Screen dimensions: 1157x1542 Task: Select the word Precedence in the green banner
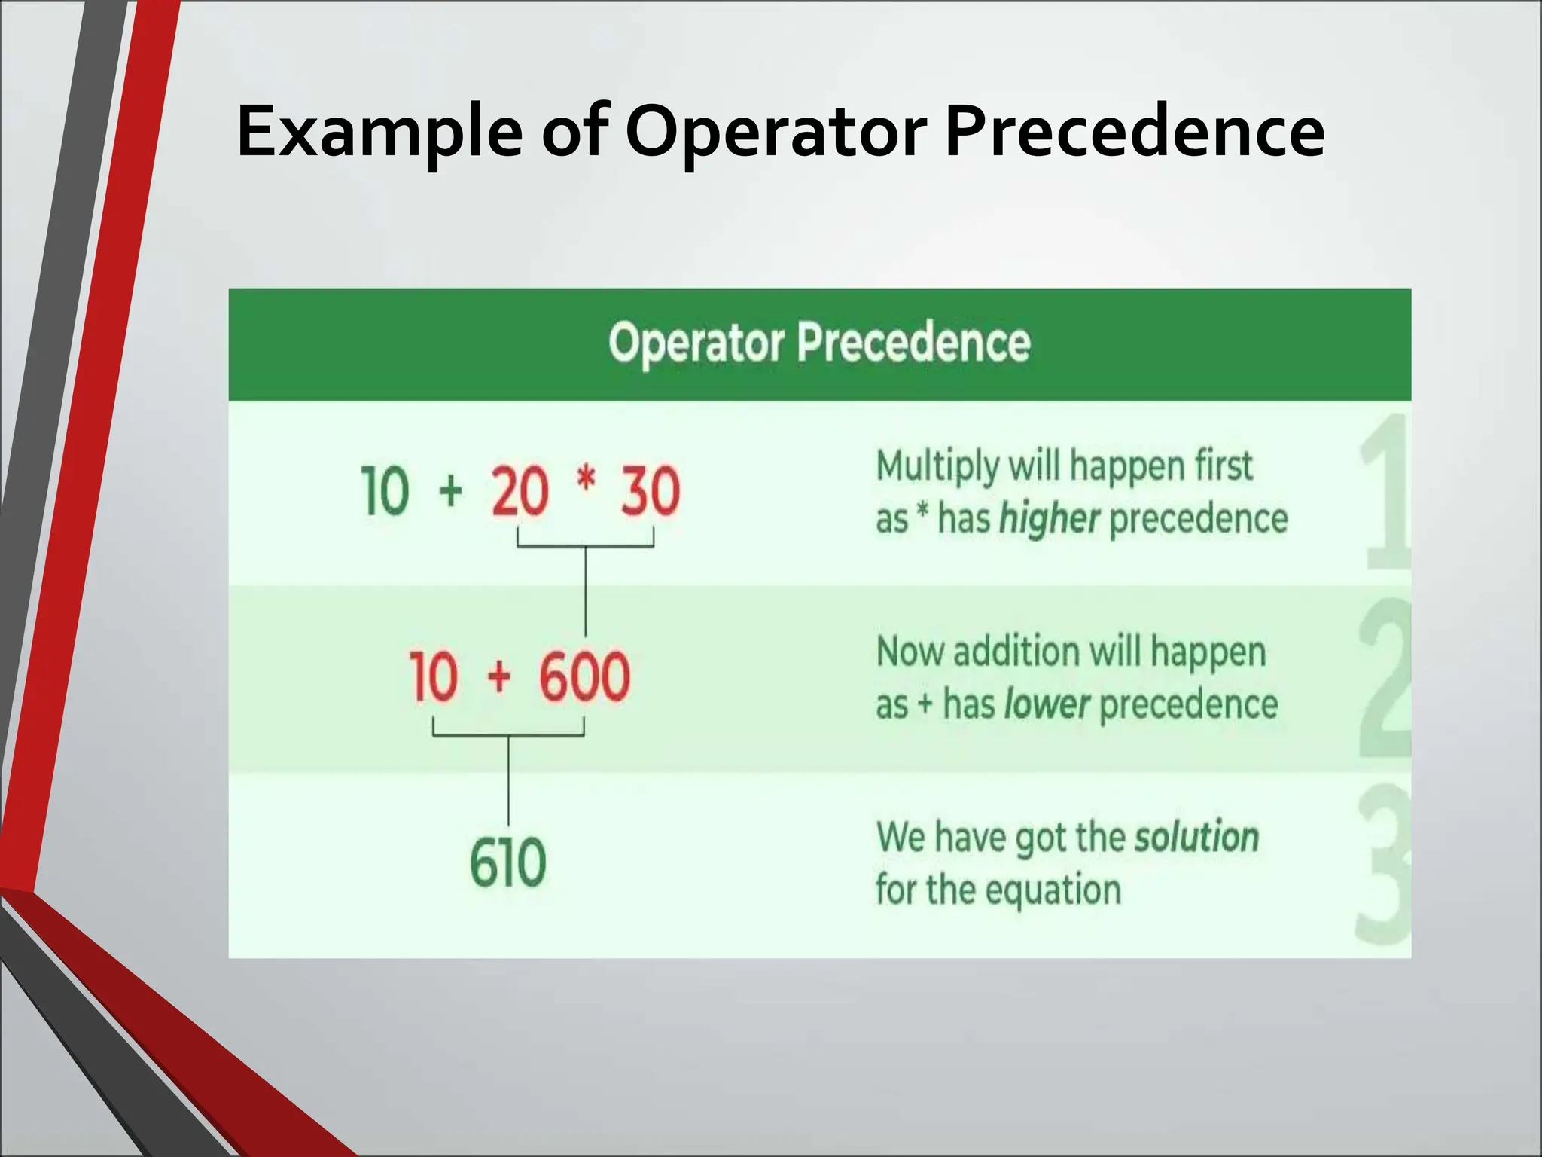(x=913, y=343)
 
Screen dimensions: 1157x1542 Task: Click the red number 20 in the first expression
(x=520, y=491)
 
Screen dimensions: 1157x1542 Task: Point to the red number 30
(x=650, y=491)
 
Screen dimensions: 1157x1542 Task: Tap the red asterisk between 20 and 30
(x=586, y=480)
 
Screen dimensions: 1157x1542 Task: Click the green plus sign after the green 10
(x=450, y=491)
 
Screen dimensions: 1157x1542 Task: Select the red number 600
(x=584, y=676)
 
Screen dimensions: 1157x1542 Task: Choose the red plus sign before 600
(x=498, y=676)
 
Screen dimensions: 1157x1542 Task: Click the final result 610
(x=507, y=863)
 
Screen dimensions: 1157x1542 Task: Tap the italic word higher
(x=1049, y=519)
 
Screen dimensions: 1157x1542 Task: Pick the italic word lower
(x=1047, y=704)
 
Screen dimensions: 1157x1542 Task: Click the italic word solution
(x=1196, y=837)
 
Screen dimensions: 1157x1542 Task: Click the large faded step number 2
(x=1384, y=678)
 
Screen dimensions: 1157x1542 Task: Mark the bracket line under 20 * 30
(x=585, y=547)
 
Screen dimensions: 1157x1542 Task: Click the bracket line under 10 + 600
(x=508, y=735)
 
